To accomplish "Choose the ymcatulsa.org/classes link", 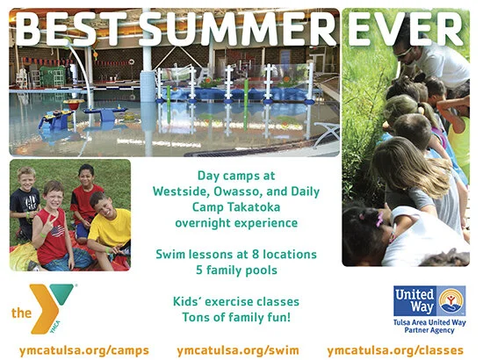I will coord(395,349).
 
